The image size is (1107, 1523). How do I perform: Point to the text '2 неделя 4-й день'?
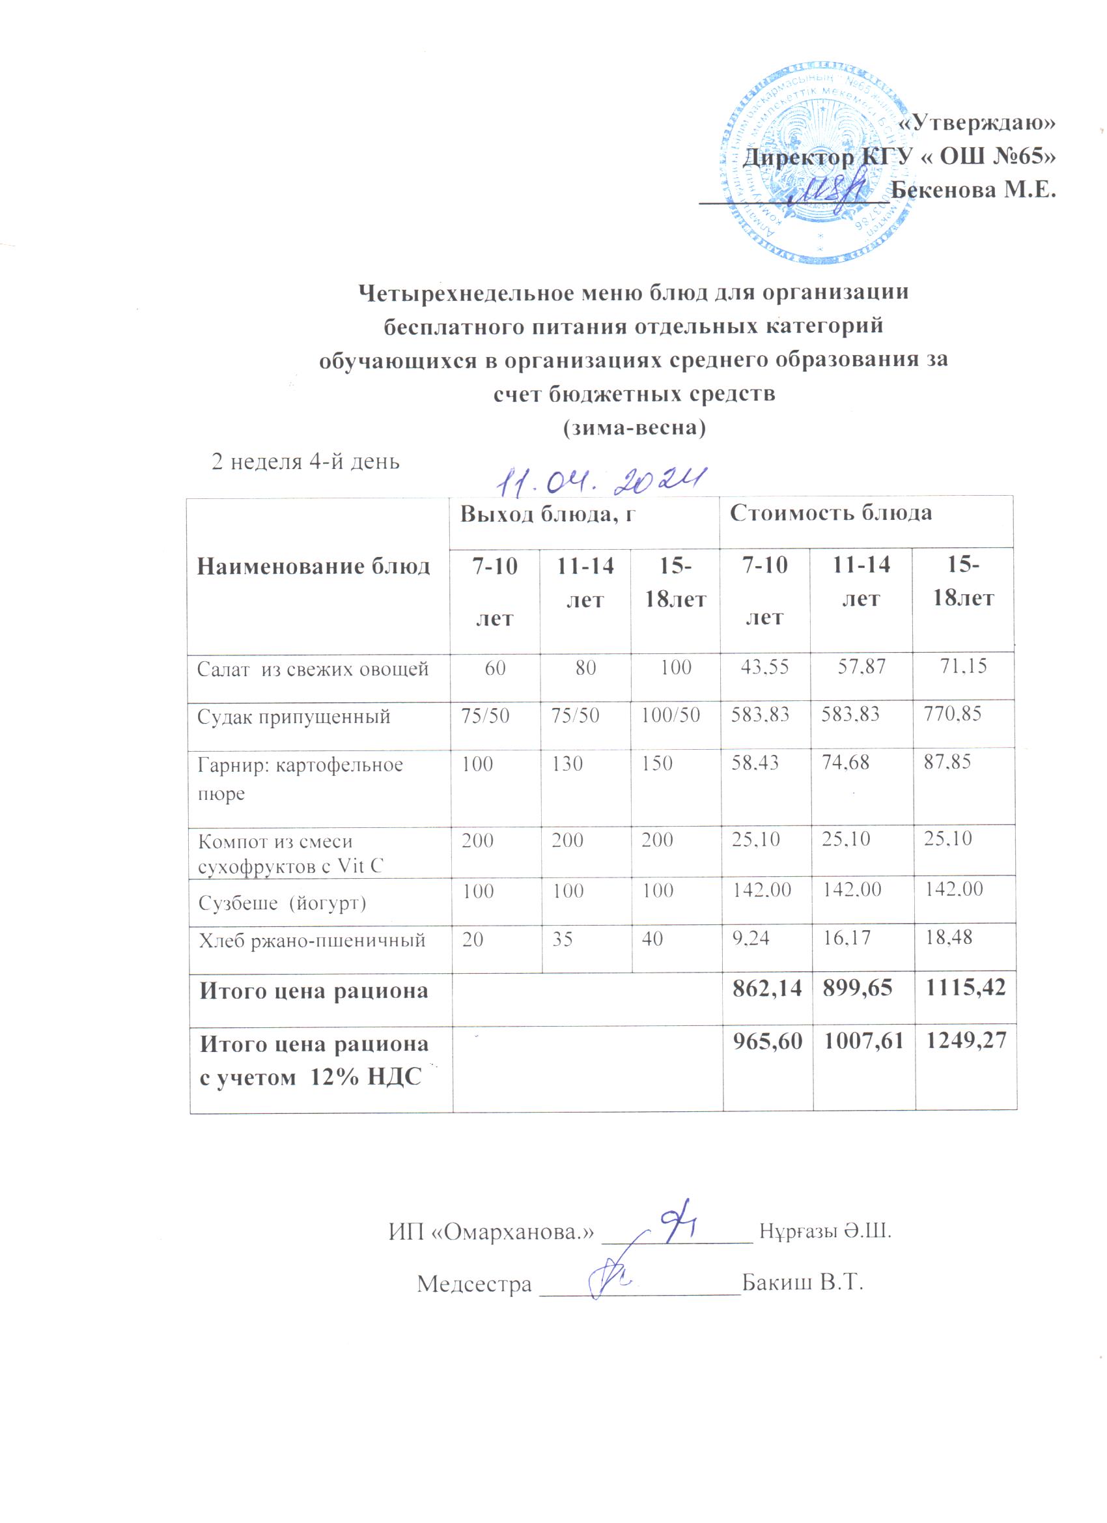305,462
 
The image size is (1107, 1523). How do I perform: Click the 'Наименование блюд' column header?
313,566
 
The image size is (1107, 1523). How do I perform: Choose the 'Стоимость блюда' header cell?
830,513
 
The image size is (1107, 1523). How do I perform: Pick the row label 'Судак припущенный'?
294,717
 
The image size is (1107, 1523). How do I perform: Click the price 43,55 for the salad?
764,667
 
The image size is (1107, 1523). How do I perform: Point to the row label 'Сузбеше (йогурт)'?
282,902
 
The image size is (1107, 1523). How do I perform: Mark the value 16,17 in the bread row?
847,937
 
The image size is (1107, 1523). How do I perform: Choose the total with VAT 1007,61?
863,1042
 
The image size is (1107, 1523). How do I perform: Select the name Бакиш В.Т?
802,1283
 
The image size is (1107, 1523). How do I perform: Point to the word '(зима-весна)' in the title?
634,427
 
